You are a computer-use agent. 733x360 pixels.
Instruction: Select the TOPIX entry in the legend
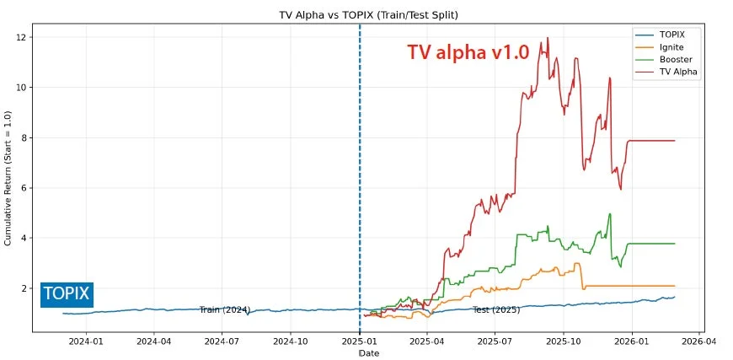pyautogui.click(x=671, y=35)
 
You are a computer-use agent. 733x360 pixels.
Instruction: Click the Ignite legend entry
pyautogui.click(x=671, y=47)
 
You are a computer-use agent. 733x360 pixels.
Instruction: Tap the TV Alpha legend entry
pyautogui.click(x=677, y=73)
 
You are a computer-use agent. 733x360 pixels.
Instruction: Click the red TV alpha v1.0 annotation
pyautogui.click(x=468, y=52)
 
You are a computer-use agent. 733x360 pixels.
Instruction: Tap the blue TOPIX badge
pyautogui.click(x=67, y=294)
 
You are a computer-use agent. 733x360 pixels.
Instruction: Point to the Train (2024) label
pyautogui.click(x=224, y=309)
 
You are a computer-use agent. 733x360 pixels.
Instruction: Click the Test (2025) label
pyautogui.click(x=495, y=309)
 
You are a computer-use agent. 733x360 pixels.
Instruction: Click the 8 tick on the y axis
pyautogui.click(x=26, y=137)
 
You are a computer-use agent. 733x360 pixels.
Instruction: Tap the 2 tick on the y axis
pyautogui.click(x=26, y=288)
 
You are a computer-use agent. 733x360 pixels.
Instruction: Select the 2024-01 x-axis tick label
pyautogui.click(x=85, y=341)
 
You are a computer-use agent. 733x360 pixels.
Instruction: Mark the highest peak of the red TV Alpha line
pyautogui.click(x=548, y=38)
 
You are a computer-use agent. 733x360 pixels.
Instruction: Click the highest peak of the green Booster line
pyautogui.click(x=609, y=214)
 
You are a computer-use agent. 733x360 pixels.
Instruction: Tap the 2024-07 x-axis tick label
pyautogui.click(x=222, y=341)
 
